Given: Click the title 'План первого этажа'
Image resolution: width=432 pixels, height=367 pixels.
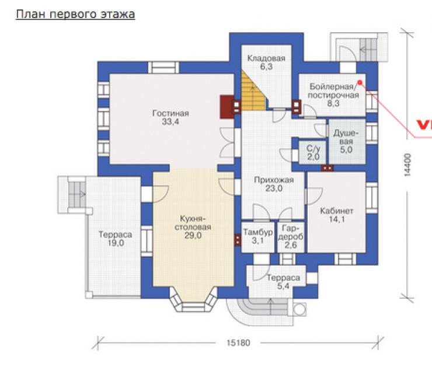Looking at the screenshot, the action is pos(75,15).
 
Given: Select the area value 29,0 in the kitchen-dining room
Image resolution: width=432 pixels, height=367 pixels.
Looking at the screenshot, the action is pos(193,236).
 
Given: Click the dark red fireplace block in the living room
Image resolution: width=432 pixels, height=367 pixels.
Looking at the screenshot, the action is pos(227,107).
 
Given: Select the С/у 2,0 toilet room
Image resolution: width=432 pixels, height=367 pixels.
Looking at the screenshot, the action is pos(313,153).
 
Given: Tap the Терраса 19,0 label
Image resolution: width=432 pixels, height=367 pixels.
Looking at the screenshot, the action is pos(116,239).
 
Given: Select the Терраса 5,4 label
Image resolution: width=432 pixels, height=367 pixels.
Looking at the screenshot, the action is pos(283,282).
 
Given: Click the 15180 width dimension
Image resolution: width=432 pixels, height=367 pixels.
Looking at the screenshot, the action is pos(238,342).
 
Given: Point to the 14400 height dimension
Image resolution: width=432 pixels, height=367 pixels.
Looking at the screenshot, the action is pos(408,165).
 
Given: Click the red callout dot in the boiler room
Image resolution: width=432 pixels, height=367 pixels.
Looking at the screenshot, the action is pos(360,82).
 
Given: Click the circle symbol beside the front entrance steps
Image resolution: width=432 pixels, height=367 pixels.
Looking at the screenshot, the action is pos(299,309).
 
